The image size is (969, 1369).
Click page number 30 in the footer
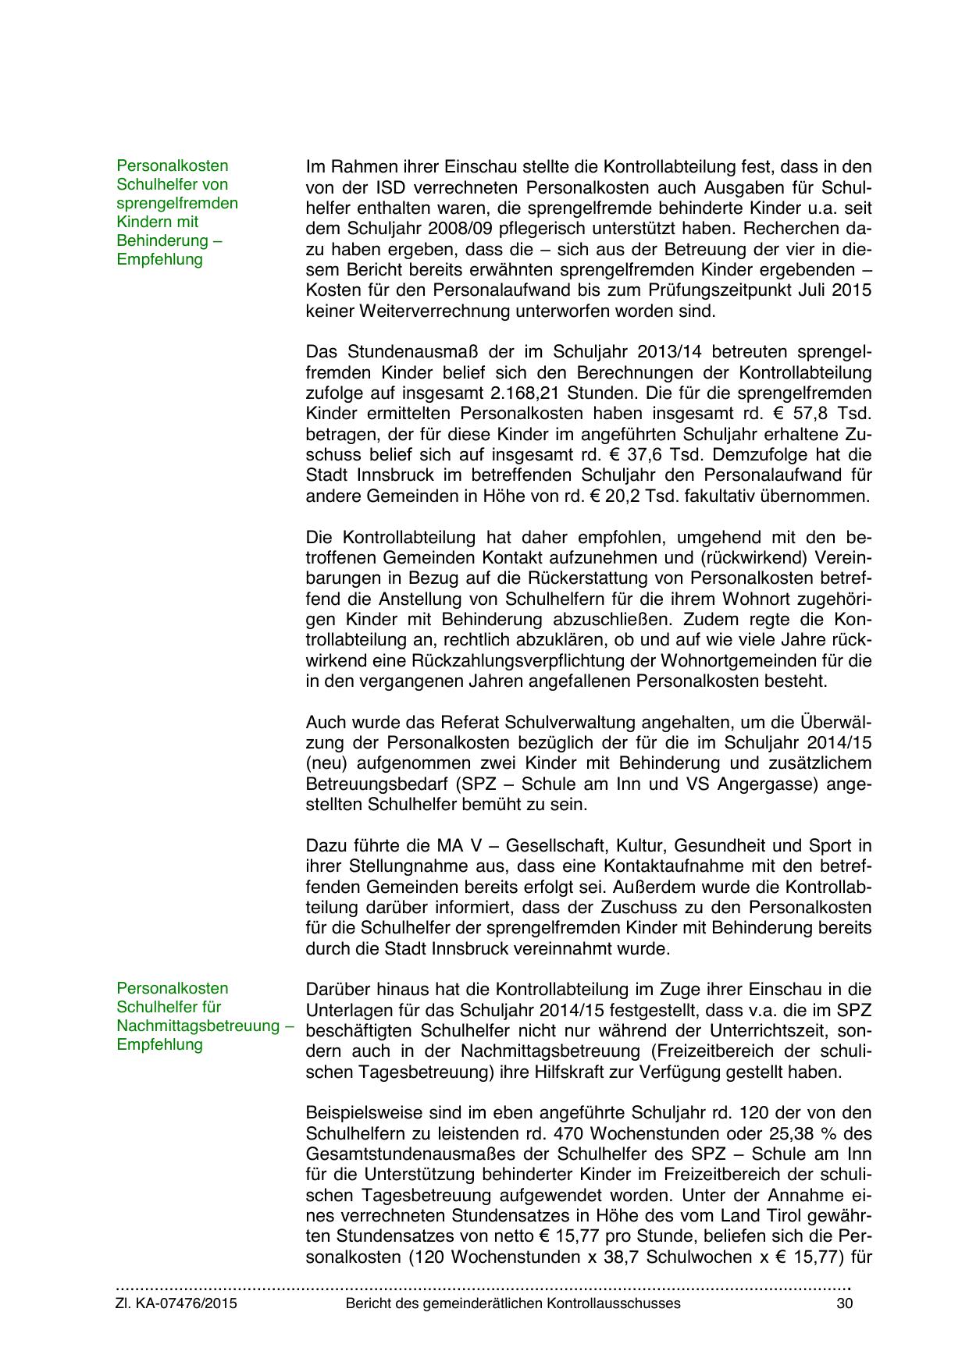[x=844, y=1303]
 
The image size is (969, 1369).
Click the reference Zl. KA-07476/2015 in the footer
[x=176, y=1303]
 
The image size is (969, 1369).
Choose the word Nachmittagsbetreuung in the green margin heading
[x=198, y=1026]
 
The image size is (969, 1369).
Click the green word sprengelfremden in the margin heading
[x=177, y=203]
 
